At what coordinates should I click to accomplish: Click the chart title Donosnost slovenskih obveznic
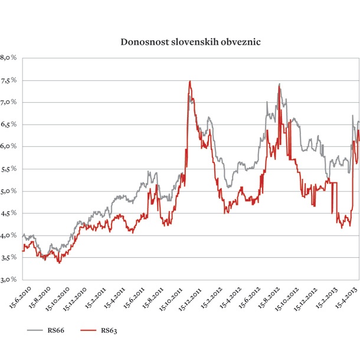pos(180,42)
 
